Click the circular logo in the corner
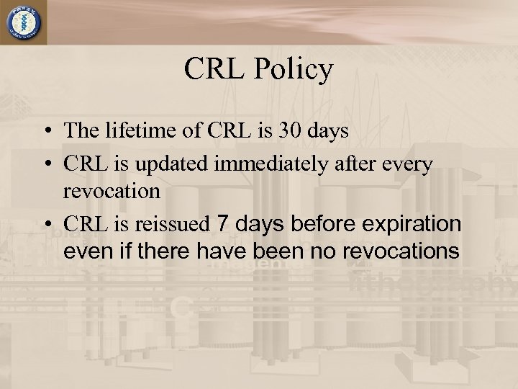pyautogui.click(x=24, y=23)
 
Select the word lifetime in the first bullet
pyautogui.click(x=130, y=132)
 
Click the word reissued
pyautogui.click(x=173, y=225)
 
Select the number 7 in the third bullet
pyautogui.click(x=222, y=224)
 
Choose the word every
pyautogui.click(x=409, y=164)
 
